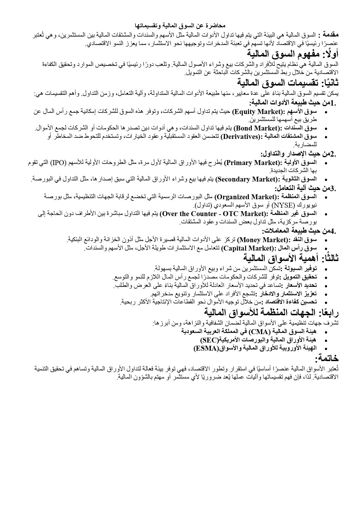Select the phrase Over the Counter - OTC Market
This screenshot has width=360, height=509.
(213, 214)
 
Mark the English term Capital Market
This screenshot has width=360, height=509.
(247, 248)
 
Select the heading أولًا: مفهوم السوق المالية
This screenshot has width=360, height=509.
(293, 54)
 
